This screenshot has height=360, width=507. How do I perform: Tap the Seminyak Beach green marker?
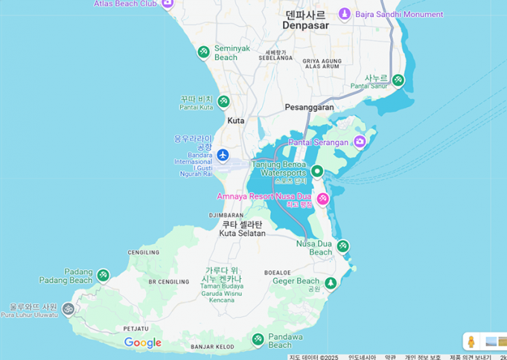pyautogui.click(x=203, y=52)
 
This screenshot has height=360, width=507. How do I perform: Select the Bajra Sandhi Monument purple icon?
pyautogui.click(x=345, y=14)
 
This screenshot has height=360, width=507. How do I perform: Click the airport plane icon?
pyautogui.click(x=223, y=155)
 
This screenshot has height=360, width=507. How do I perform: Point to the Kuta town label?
pyautogui.click(x=235, y=120)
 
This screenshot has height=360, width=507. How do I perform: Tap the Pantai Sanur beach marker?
pyautogui.click(x=398, y=80)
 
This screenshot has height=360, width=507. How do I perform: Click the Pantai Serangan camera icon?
pyautogui.click(x=360, y=141)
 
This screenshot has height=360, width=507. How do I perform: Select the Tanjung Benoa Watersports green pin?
pyautogui.click(x=316, y=172)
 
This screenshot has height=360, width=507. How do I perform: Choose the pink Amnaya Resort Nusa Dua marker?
pyautogui.click(x=322, y=199)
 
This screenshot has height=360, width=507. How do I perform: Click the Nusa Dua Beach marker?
pyautogui.click(x=342, y=246)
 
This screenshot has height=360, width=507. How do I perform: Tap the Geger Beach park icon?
pyautogui.click(x=331, y=283)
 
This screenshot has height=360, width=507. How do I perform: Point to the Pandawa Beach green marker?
pyautogui.click(x=258, y=339)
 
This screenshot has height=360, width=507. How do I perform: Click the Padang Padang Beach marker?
pyautogui.click(x=103, y=276)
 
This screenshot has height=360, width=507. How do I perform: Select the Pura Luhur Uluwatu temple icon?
pyautogui.click(x=68, y=309)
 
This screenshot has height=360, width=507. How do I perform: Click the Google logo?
pyautogui.click(x=143, y=343)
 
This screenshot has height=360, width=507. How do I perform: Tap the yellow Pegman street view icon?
pyautogui.click(x=471, y=341)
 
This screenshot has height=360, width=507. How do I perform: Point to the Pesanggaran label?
pyautogui.click(x=309, y=107)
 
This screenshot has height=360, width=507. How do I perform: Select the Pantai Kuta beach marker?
pyautogui.click(x=223, y=102)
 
